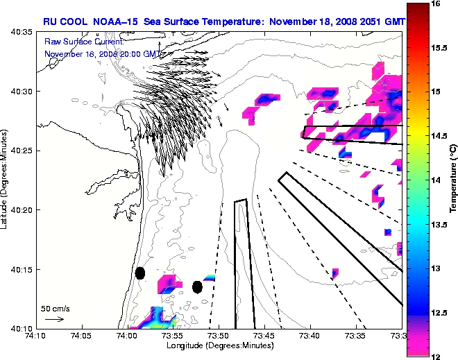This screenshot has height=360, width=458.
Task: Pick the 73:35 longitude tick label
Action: click(x=355, y=336)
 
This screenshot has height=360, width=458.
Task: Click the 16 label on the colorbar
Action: click(x=436, y=3)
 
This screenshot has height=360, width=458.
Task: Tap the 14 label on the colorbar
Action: click(x=436, y=180)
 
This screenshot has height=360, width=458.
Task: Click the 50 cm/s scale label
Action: click(x=55, y=308)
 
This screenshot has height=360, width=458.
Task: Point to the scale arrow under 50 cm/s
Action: click(x=55, y=319)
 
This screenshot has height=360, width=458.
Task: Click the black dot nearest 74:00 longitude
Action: click(x=139, y=273)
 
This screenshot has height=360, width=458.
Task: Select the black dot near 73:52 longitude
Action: click(x=197, y=286)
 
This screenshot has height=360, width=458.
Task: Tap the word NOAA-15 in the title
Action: click(x=114, y=22)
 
